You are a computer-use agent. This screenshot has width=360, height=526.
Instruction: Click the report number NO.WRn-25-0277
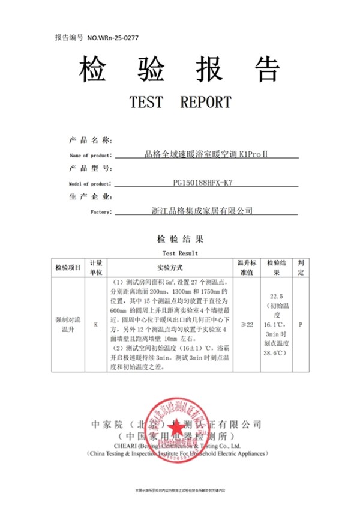(x=113, y=37)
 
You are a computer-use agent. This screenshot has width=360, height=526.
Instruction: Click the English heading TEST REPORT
(x=180, y=102)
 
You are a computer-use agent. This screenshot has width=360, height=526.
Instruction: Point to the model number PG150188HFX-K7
(x=203, y=183)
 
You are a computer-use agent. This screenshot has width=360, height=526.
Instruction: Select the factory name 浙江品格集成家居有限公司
(x=203, y=211)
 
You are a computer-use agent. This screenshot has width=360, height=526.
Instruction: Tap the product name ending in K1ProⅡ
(x=206, y=154)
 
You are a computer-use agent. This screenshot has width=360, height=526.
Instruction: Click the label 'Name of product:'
(x=91, y=156)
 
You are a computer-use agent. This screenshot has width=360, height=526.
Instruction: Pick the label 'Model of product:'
(x=90, y=184)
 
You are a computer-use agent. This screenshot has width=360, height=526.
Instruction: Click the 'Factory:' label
(x=100, y=212)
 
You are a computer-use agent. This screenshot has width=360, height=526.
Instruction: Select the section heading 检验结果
(x=180, y=238)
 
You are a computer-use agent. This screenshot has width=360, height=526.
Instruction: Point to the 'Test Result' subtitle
(x=180, y=253)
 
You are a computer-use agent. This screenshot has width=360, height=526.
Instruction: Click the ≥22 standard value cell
(x=247, y=325)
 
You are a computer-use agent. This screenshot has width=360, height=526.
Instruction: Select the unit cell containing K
(x=96, y=325)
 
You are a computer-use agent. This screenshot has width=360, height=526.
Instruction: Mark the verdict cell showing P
(x=301, y=325)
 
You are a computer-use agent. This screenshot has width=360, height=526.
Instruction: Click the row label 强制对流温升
(x=67, y=325)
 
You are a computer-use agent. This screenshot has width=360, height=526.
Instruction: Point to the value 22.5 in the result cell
(x=277, y=297)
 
